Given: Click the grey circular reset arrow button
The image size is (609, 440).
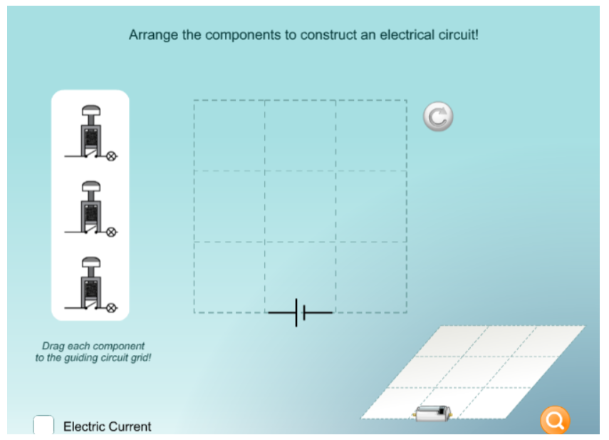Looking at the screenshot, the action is tap(438, 117).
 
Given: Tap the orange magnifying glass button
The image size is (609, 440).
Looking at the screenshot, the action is tap(555, 420).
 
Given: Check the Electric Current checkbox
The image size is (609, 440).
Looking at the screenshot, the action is tap(43, 424).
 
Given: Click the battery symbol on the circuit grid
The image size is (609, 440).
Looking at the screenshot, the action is tap(301, 312).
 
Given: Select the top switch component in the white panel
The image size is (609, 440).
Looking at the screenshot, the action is tap(91, 133).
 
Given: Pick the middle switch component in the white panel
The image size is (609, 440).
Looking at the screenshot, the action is tap(91, 209).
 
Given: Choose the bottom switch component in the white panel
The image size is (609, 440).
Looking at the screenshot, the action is tap(91, 285).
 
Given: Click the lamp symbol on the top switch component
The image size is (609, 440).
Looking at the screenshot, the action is tap(111, 156).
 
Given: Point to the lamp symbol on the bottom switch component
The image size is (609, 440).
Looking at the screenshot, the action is tap(111, 308).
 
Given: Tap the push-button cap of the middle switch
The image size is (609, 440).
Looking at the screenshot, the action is tap(91, 186).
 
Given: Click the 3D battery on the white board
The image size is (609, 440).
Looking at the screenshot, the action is tap(433, 413).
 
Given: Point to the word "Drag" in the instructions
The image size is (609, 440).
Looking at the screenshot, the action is tap(52, 346).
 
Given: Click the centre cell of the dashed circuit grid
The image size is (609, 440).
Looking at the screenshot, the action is tap(301, 206).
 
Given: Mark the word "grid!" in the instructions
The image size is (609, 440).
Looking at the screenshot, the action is tap(140, 358).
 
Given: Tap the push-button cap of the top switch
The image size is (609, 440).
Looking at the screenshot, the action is tap(91, 111).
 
